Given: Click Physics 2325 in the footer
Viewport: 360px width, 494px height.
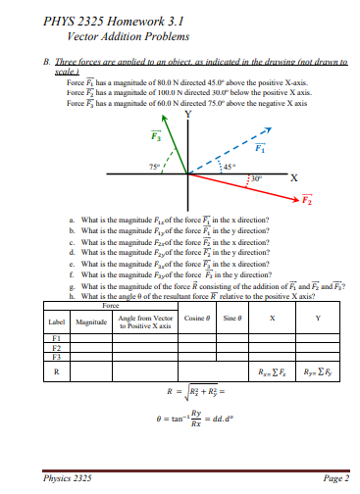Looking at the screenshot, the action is (67, 477).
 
